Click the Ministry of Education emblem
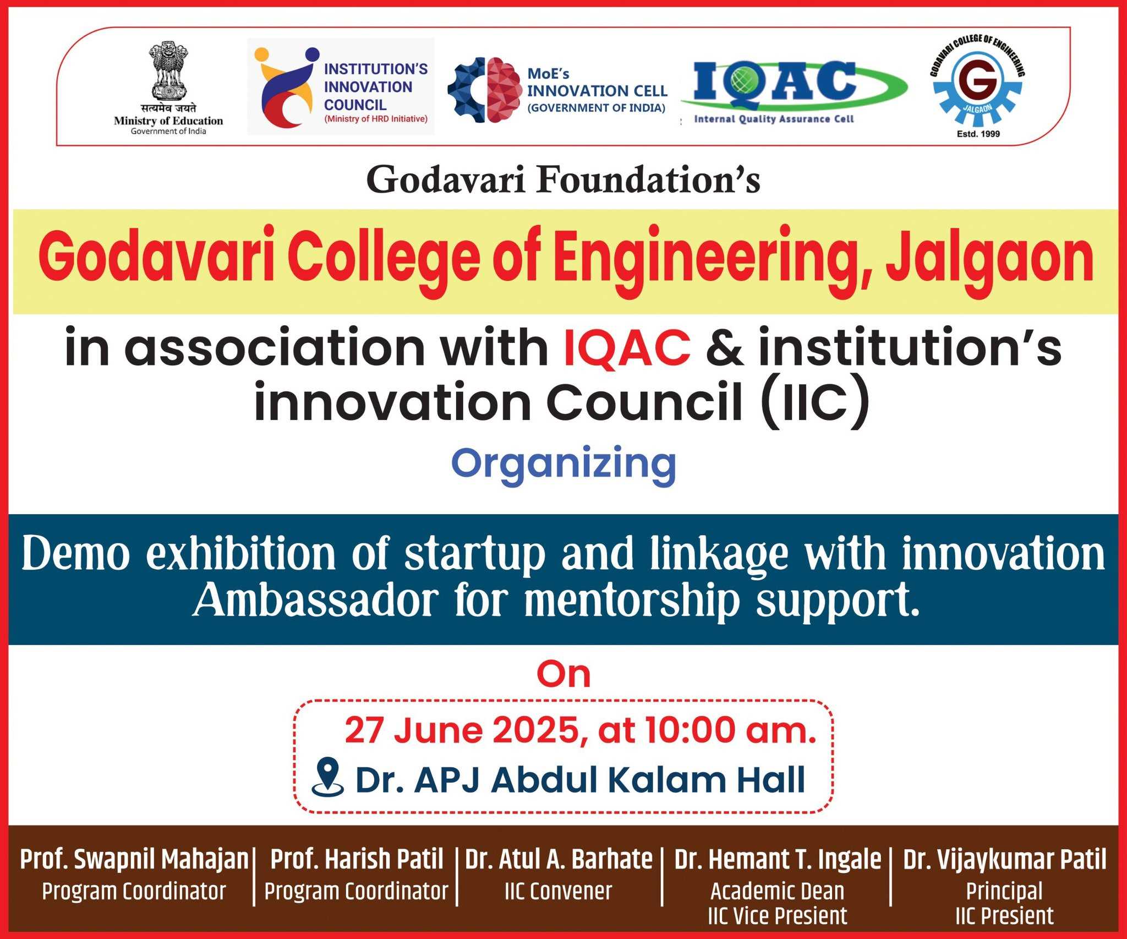click(x=169, y=71)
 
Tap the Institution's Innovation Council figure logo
click(x=286, y=86)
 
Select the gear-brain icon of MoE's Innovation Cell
click(x=484, y=90)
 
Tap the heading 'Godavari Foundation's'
click(x=563, y=179)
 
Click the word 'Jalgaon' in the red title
click(x=991, y=260)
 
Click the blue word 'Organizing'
click(x=563, y=466)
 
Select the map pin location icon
click(x=327, y=776)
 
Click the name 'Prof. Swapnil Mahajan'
click(x=134, y=859)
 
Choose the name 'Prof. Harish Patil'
click(x=357, y=859)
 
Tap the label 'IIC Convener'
click(x=558, y=891)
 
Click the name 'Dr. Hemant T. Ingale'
click(x=778, y=859)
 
